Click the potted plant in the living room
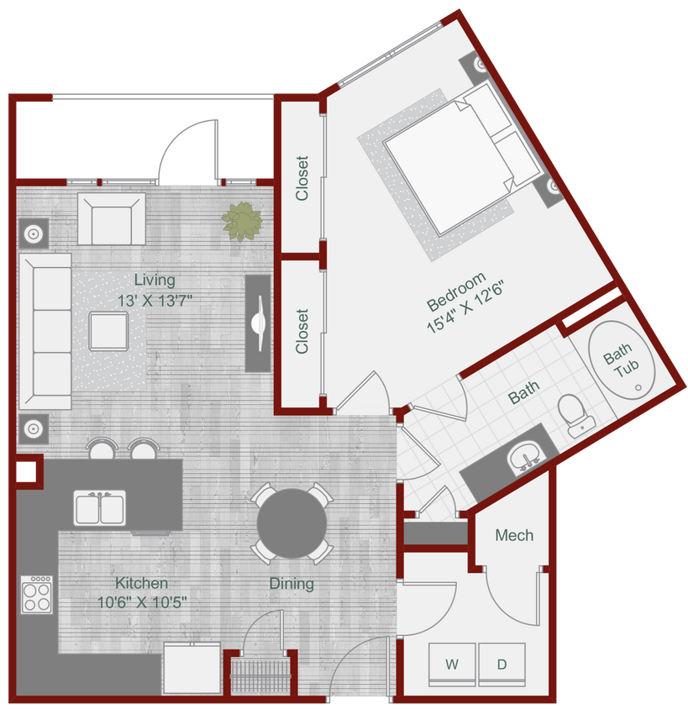click(x=242, y=221)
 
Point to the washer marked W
click(x=452, y=663)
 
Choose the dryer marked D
click(x=502, y=663)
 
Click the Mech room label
click(x=513, y=535)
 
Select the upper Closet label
click(x=302, y=177)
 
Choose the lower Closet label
click(x=302, y=332)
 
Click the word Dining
click(x=291, y=583)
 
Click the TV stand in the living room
click(x=259, y=323)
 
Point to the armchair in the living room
click(x=111, y=218)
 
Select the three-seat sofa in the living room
click(x=45, y=333)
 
